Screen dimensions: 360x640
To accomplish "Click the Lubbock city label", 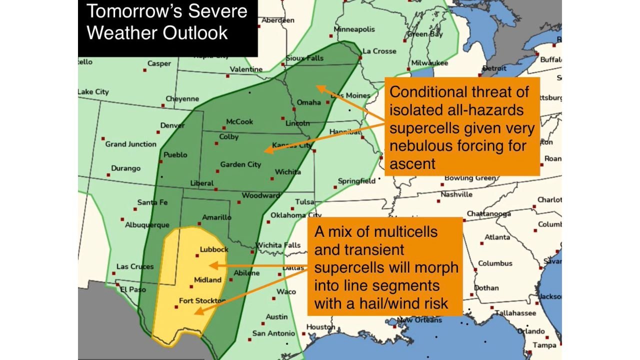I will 214,249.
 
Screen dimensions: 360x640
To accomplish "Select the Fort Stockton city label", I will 202,301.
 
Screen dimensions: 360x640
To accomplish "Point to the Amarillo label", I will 217,217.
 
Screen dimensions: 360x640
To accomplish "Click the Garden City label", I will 240,164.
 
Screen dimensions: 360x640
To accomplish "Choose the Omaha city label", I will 308,102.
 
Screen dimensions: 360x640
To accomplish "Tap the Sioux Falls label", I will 304,58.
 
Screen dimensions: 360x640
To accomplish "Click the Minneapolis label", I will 354,29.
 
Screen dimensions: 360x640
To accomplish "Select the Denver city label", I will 172,125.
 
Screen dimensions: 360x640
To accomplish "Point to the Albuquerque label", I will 147,225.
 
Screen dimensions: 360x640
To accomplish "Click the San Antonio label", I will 273,333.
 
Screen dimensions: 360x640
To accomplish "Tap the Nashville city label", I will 456,194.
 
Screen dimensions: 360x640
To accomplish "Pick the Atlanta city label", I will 497,237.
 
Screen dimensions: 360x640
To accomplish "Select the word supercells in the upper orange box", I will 423,128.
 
